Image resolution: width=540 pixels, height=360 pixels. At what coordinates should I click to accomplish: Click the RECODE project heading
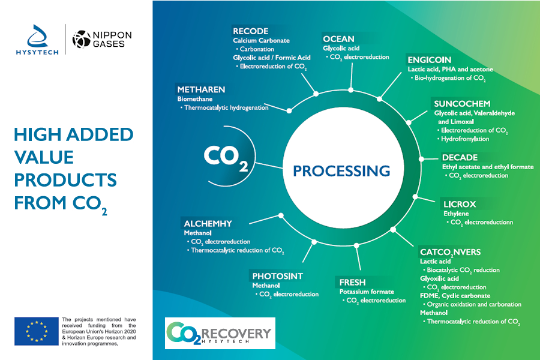click(x=250, y=31)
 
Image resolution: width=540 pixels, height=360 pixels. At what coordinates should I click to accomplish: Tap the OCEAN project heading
click(x=338, y=39)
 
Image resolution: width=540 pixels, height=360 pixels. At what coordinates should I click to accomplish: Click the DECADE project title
click(x=460, y=158)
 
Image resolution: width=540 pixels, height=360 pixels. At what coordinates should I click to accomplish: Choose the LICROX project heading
click(x=460, y=203)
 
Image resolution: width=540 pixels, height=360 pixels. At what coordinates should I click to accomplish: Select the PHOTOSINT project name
click(x=277, y=276)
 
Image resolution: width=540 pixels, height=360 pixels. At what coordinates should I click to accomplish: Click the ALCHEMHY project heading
click(x=208, y=223)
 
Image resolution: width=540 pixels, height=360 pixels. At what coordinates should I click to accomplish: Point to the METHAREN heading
click(x=201, y=89)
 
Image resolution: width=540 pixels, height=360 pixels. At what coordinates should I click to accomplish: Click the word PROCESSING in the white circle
click(x=341, y=170)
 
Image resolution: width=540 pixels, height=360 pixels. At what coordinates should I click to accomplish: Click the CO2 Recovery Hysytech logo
click(x=219, y=333)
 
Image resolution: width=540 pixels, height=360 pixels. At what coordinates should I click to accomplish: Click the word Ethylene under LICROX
click(x=456, y=213)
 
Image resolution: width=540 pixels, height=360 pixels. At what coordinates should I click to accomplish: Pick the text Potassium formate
click(x=366, y=292)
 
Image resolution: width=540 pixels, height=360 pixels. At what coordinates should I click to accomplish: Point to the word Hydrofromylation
click(x=465, y=139)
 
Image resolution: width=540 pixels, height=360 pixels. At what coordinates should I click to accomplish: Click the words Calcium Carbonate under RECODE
click(x=261, y=41)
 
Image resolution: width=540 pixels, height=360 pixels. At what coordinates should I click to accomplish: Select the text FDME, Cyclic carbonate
click(x=455, y=295)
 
